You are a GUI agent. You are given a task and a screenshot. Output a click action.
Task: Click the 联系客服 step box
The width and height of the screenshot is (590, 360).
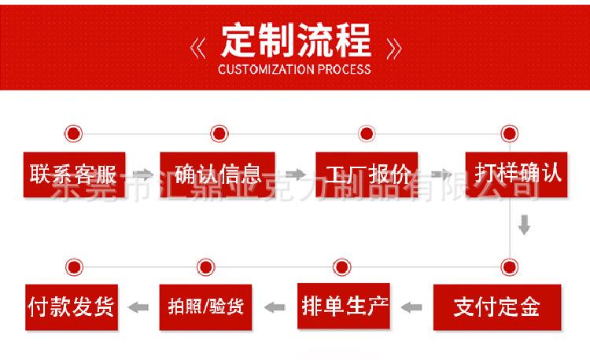click(x=74, y=174)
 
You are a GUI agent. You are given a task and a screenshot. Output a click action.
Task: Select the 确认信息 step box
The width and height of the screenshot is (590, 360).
click(x=217, y=174)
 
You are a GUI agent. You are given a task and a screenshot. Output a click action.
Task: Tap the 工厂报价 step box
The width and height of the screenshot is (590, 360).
click(x=367, y=174)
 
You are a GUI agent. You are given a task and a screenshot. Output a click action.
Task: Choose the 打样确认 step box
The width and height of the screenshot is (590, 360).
click(x=516, y=174)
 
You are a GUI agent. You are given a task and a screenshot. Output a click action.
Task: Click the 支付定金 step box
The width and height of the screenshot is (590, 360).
click(x=497, y=307)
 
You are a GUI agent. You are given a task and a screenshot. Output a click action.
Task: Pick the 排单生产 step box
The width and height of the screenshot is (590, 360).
click(x=344, y=306)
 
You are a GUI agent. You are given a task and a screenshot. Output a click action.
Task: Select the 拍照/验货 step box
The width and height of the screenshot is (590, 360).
click(x=205, y=307)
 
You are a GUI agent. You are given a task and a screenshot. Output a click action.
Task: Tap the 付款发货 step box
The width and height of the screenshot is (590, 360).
click(x=72, y=307)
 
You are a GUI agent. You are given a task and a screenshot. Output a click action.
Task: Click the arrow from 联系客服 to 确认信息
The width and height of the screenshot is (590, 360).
click(x=143, y=174)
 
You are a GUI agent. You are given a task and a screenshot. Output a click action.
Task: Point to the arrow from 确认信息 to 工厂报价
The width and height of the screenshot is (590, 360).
click(x=296, y=174)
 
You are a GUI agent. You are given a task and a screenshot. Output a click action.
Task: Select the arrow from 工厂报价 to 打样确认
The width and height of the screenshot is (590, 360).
click(x=441, y=174)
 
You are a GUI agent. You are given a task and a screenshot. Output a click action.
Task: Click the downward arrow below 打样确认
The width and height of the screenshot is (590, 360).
click(x=524, y=225)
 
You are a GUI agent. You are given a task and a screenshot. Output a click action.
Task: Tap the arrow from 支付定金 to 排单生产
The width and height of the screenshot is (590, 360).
click(x=411, y=307)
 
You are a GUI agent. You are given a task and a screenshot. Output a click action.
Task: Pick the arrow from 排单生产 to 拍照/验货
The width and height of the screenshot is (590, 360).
click(x=275, y=307)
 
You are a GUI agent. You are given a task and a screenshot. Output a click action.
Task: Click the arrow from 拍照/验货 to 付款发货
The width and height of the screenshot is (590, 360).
click(x=138, y=307)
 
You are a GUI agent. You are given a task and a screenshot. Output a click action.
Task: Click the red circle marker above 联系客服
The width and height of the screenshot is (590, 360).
click(x=73, y=134)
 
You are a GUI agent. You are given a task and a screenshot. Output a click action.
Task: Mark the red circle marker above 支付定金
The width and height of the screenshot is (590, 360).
click(x=510, y=267)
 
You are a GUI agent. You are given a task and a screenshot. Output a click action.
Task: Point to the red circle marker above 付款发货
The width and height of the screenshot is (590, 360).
click(x=74, y=267)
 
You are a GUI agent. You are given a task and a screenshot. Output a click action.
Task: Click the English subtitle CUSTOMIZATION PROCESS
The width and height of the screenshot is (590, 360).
click(x=294, y=69)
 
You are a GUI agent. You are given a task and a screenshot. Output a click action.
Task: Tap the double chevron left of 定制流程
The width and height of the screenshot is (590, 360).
click(x=198, y=49)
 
